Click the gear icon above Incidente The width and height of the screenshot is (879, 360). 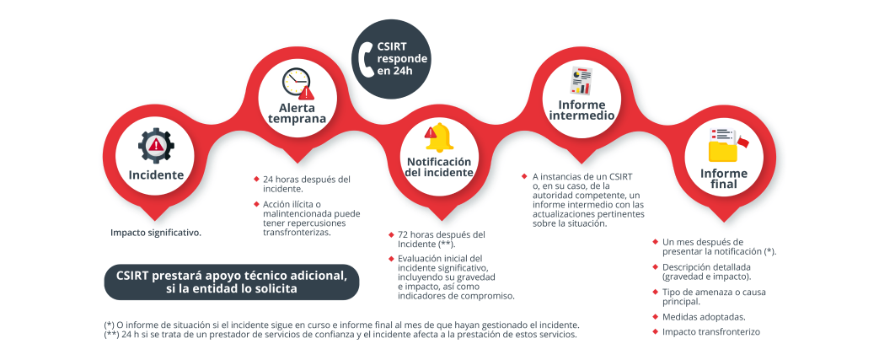tap(156, 145)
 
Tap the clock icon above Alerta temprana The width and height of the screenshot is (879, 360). tap(297, 83)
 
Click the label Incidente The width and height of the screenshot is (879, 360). tap(156, 175)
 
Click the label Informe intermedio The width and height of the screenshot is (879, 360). tap(581, 110)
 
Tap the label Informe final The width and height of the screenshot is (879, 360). tap(723, 178)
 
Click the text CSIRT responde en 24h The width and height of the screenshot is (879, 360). tap(402, 59)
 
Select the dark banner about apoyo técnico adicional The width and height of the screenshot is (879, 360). tap(231, 282)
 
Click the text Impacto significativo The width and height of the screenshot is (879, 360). tap(156, 232)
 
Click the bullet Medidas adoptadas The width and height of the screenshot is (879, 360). tap(703, 317)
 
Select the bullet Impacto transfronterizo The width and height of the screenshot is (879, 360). tap(711, 332)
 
